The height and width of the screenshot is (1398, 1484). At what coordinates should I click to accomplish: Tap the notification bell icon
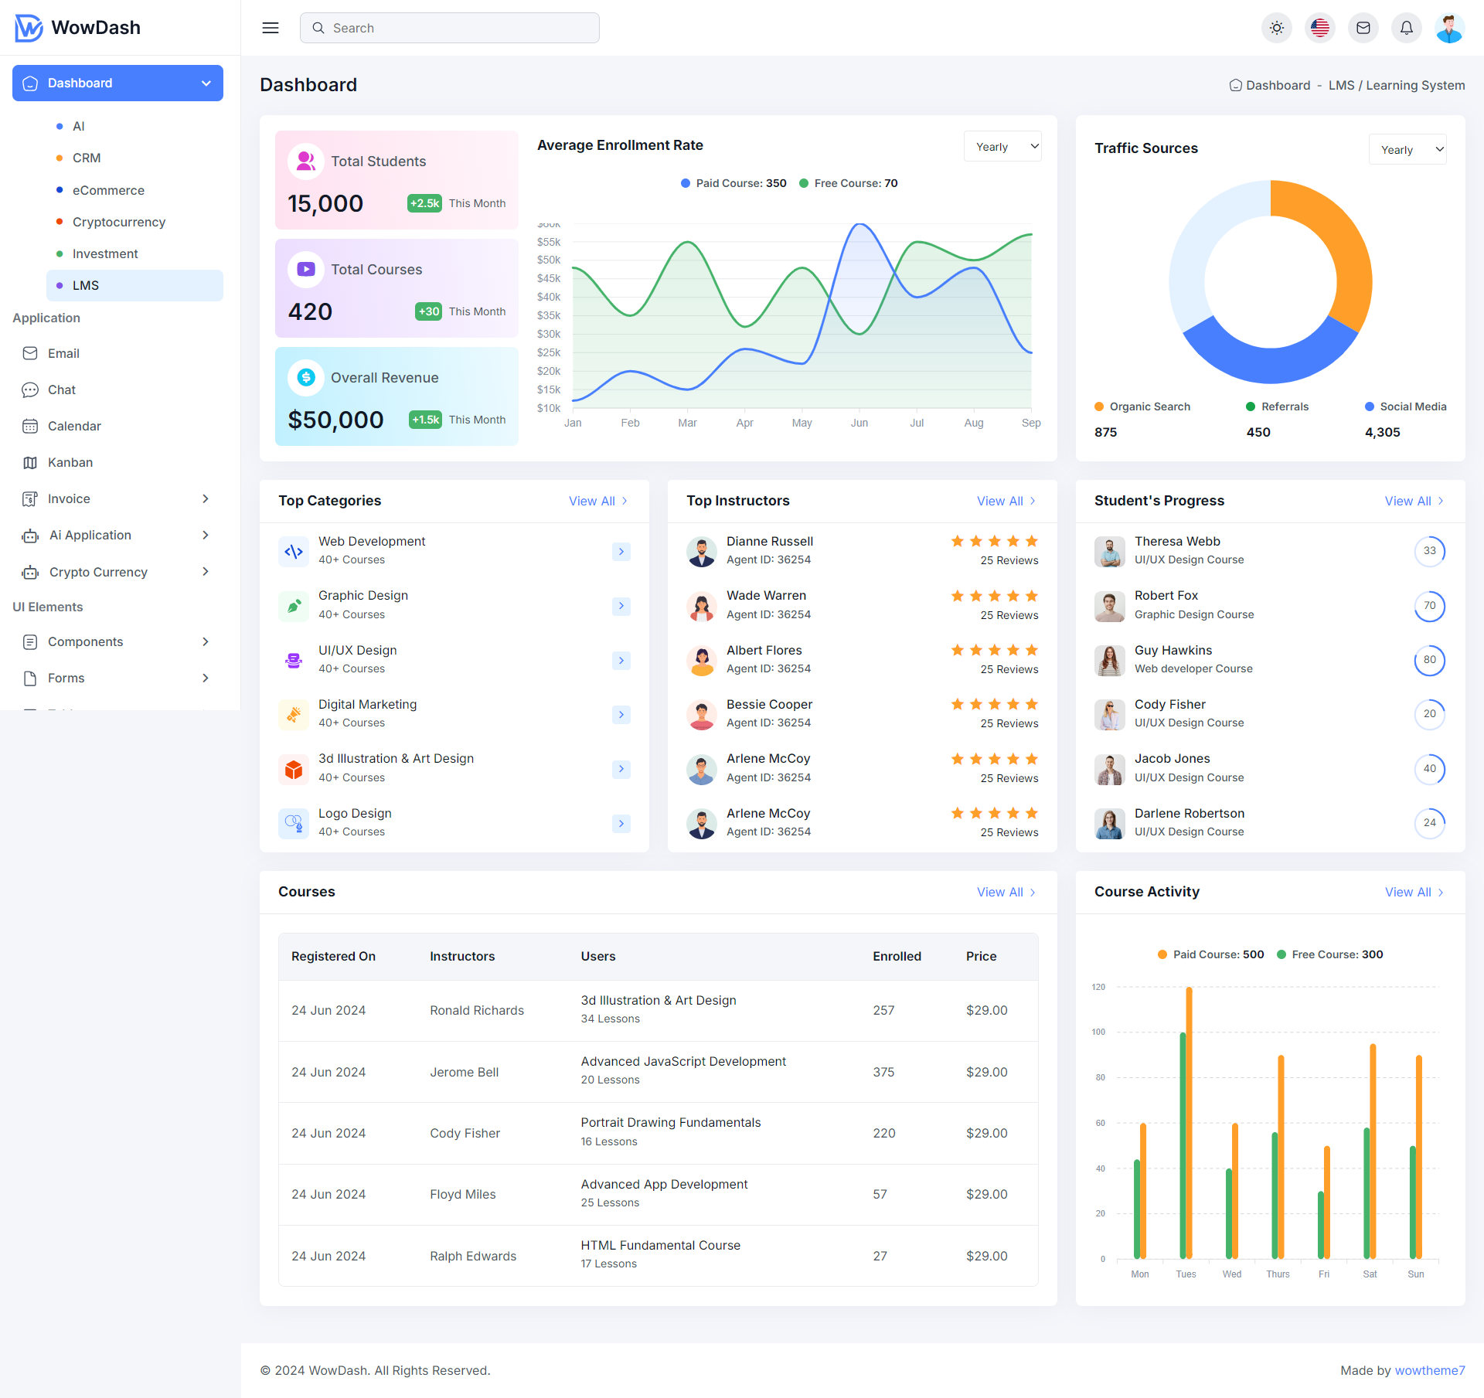(1406, 28)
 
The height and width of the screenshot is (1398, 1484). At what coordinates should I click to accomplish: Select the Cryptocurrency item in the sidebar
(119, 222)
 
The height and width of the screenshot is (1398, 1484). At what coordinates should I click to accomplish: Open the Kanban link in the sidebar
(70, 462)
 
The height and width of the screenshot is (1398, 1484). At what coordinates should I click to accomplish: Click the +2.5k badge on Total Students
(424, 203)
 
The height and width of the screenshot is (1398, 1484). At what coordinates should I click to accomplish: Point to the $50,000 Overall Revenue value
(335, 420)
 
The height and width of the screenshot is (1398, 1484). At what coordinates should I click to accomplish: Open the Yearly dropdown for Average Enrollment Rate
(1002, 147)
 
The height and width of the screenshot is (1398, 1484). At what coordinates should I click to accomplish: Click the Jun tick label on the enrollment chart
(859, 423)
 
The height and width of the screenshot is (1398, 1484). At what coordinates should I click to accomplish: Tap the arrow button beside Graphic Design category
(621, 606)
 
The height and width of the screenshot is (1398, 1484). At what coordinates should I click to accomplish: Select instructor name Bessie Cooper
(769, 704)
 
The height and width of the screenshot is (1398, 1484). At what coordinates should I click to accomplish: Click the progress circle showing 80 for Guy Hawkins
(1429, 660)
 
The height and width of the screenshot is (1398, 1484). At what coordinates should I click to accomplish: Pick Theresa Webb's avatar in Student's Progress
(1109, 551)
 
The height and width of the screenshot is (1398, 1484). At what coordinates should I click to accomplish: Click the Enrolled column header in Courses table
(897, 956)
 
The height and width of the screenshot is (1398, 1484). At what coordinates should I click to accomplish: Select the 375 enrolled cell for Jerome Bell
(883, 1072)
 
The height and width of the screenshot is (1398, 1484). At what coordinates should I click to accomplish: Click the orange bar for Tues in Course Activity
(1189, 1121)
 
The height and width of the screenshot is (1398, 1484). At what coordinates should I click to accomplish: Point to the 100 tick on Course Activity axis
(1098, 1032)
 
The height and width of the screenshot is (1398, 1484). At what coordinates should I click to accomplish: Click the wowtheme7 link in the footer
(1429, 1370)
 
